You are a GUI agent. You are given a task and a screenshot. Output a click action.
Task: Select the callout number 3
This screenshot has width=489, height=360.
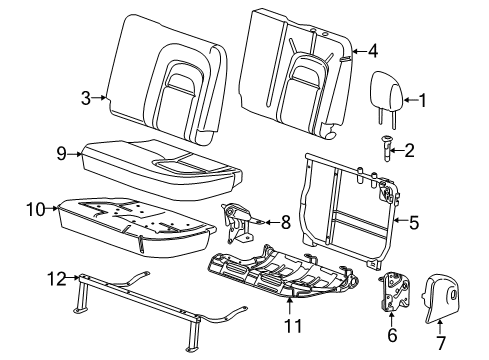coord(87,97)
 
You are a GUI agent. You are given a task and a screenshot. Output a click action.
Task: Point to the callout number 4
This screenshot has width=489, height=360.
coord(371,49)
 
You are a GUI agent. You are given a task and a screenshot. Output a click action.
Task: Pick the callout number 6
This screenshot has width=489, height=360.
coord(391,337)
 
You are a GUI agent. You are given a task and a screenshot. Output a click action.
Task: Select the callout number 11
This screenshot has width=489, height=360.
coord(291,323)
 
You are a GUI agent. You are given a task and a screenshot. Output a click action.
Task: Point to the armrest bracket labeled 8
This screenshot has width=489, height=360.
coord(241,221)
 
